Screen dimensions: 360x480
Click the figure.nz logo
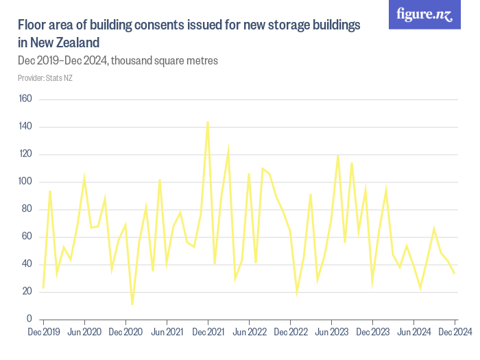425,15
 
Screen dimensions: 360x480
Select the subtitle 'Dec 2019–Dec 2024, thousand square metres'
117,60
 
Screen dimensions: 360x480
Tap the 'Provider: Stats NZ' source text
45,78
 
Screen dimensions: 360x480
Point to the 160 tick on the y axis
25,99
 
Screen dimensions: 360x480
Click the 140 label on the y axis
25,127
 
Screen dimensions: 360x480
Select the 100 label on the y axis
25,182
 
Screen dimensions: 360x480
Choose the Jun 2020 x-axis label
84,333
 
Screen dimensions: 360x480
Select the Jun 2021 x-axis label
167,333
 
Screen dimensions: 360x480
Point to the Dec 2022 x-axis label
290,333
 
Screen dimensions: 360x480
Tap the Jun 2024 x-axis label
413,333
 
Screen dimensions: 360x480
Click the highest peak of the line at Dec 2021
208,121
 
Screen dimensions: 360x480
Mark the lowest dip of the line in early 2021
132,304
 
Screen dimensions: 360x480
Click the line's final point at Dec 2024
455,274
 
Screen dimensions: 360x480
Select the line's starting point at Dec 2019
43,288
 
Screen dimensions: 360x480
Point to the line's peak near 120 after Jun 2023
338,155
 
